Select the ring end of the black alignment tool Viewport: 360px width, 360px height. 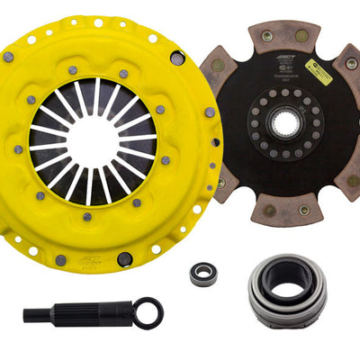pos(148,314)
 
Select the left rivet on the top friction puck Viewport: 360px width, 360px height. pos(266,36)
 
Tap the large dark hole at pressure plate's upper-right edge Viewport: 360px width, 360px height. pos(177,58)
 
